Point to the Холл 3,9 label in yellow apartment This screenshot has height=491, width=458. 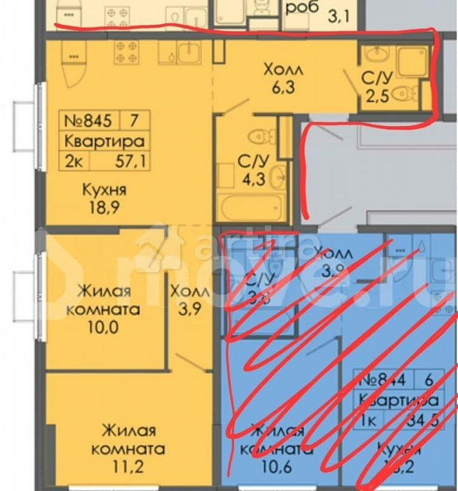pyautogui.click(x=190, y=300)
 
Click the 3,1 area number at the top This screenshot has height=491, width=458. pyautogui.click(x=322, y=14)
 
